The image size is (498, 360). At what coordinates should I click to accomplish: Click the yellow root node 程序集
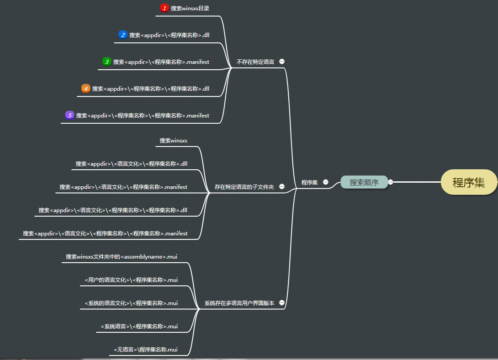point(468,182)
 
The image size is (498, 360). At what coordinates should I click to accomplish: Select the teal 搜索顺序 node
point(364,182)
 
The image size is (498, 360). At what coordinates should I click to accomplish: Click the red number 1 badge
point(164,8)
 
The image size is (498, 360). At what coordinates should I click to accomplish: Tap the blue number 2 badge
point(123,35)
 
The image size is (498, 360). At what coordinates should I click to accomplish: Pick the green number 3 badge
point(106,62)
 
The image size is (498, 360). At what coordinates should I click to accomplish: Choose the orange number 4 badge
point(86,88)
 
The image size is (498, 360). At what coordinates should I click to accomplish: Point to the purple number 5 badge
point(69,115)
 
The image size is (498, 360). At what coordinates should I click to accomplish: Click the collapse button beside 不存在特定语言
point(282,62)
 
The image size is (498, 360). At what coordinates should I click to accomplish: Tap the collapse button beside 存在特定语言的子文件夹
point(282,187)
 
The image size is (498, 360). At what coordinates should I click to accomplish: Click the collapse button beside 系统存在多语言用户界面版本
point(282,303)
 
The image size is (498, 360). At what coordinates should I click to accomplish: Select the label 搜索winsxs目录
point(190,8)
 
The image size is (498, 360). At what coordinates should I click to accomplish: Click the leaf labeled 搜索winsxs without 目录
point(173,141)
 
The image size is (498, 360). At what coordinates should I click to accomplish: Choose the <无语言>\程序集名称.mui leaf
point(145,350)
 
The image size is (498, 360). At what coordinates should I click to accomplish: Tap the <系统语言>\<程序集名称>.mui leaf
point(139,327)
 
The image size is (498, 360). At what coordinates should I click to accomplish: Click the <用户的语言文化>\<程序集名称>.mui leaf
point(131,280)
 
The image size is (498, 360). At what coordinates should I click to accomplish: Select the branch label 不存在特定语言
point(255,62)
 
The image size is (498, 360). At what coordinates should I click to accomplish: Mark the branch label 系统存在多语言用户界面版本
point(239,303)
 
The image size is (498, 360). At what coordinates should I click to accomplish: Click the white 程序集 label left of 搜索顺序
point(309,182)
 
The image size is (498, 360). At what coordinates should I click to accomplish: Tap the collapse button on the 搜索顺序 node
point(390,182)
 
